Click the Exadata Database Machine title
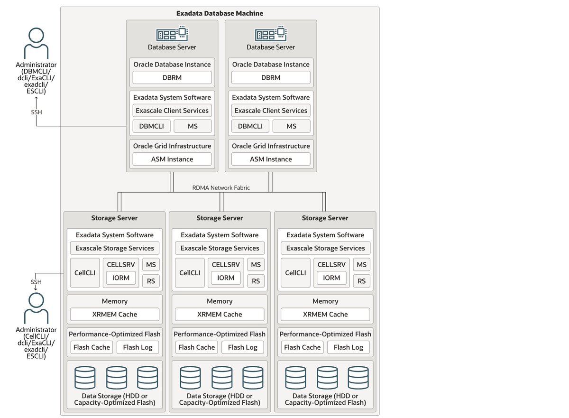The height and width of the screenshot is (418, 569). click(x=220, y=13)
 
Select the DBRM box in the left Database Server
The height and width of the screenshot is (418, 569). click(x=172, y=77)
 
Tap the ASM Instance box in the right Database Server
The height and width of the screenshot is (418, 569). click(x=271, y=159)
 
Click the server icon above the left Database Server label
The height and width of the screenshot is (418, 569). click(x=172, y=34)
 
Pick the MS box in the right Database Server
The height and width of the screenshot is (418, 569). click(x=291, y=126)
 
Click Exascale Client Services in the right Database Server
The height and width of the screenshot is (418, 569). click(x=271, y=111)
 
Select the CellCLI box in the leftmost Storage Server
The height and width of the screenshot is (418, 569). click(x=85, y=273)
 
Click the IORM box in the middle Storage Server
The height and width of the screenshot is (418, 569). click(x=226, y=278)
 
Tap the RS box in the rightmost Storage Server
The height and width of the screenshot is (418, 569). click(x=362, y=281)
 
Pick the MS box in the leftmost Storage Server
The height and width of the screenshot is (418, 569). click(x=151, y=265)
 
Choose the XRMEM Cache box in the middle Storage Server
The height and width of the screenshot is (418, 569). click(x=220, y=314)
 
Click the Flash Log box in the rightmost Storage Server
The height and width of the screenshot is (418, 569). click(x=348, y=347)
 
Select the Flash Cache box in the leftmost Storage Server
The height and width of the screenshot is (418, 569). click(x=92, y=347)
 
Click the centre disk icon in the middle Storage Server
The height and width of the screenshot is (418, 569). click(x=221, y=378)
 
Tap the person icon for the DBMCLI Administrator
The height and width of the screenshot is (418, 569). click(x=36, y=43)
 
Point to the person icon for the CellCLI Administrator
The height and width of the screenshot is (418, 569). click(x=36, y=308)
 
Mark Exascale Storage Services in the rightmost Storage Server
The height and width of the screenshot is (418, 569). click(x=325, y=248)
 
